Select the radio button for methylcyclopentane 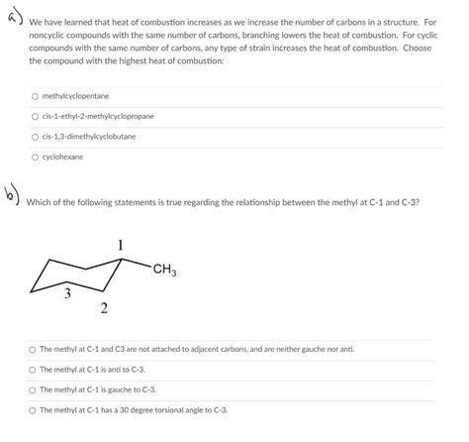[x=35, y=96]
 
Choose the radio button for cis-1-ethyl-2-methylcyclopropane [x=35, y=116]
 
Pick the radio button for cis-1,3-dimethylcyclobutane [x=35, y=136]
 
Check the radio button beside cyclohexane [x=35, y=157]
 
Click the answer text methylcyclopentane [x=75, y=96]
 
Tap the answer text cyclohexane [x=63, y=157]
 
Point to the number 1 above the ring [x=120, y=245]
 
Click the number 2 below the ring [x=104, y=309]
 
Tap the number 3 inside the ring [x=67, y=292]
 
